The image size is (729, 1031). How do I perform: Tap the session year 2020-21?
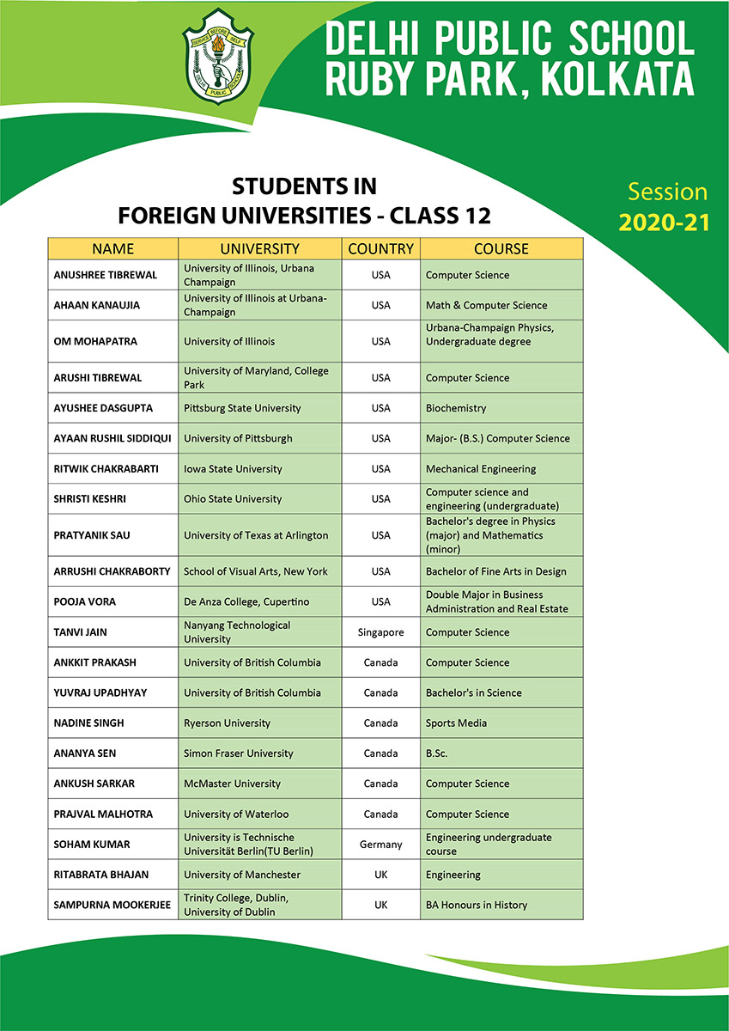point(665,223)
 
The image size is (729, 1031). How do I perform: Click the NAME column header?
point(112,249)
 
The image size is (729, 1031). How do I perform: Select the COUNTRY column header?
point(380,249)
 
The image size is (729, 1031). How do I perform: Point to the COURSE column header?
point(501,249)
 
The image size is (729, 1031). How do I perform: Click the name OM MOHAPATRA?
point(95,341)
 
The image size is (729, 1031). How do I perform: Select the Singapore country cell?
point(380,632)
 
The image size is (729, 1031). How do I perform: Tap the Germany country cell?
point(380,845)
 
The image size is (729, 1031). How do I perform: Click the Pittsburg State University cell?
point(242,408)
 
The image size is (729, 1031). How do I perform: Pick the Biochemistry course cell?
point(456,408)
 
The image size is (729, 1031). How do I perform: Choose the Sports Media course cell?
point(456,723)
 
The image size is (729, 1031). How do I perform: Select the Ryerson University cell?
point(227,723)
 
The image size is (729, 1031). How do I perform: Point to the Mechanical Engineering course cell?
point(481,469)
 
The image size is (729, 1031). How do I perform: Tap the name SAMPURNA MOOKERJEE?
point(112,905)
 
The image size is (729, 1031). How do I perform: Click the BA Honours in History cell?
point(477,905)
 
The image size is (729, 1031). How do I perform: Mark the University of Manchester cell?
point(242,875)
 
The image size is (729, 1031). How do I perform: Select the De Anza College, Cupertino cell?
point(246,601)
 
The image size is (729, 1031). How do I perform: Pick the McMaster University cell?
point(232,784)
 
